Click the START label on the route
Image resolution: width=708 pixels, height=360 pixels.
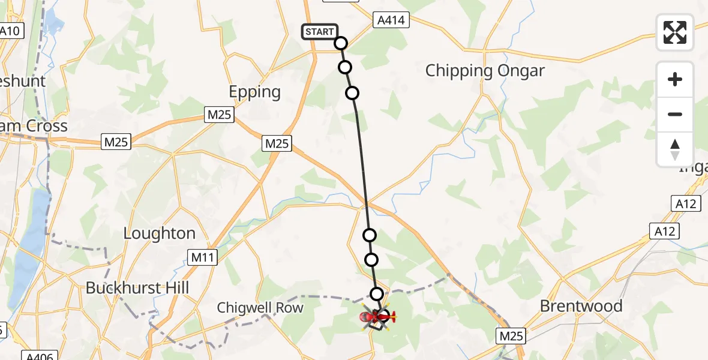[x=320, y=32]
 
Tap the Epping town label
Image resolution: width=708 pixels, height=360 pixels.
[x=255, y=92]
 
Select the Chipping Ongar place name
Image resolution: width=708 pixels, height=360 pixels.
[x=485, y=71]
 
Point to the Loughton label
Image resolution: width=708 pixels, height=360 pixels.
[x=160, y=233]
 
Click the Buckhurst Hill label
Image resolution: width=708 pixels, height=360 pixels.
[x=137, y=288]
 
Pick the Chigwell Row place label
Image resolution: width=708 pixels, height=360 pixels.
[x=260, y=308]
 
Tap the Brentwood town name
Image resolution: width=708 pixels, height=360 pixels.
[x=581, y=306]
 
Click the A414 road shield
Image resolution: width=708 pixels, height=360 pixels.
[x=391, y=20]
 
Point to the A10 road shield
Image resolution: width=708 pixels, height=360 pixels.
[x=10, y=31]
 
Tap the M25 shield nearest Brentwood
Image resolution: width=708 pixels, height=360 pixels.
[x=511, y=336]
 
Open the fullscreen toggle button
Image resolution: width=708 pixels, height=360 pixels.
[x=675, y=32]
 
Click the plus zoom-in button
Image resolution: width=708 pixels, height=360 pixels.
[x=675, y=79]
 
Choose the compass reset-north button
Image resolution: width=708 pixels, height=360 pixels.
[x=675, y=149]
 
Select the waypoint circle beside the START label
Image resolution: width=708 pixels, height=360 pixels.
[x=341, y=43]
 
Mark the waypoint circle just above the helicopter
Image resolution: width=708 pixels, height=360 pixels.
[x=376, y=294]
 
